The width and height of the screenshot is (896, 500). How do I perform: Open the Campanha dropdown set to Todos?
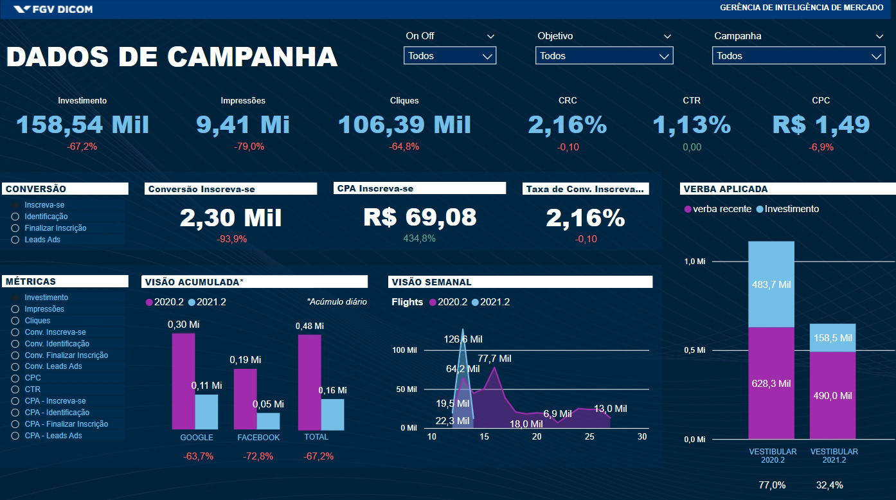(x=798, y=56)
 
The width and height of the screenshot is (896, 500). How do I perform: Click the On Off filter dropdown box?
(x=449, y=56)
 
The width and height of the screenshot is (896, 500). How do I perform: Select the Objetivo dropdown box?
(x=604, y=56)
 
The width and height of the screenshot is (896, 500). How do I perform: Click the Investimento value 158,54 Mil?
(x=82, y=125)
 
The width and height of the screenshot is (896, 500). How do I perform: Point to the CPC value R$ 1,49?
(x=821, y=125)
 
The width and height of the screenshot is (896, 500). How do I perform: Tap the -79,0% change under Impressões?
(x=249, y=147)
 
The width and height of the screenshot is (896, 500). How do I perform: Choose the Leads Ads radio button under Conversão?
(x=15, y=240)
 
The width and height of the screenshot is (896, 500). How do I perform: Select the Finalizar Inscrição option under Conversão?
(x=15, y=228)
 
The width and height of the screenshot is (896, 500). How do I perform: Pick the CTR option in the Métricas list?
(x=15, y=389)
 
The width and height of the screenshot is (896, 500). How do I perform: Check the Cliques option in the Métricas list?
(x=15, y=321)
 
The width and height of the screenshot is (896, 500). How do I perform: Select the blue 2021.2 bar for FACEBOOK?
(x=268, y=421)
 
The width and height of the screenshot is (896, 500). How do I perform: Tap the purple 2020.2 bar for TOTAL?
(x=309, y=382)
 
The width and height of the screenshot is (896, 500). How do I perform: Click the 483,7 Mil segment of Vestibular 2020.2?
(x=771, y=284)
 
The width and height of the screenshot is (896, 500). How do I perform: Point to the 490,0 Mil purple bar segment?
(x=832, y=396)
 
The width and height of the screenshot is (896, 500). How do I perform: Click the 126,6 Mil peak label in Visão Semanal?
(x=463, y=339)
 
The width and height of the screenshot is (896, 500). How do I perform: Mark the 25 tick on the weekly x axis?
(x=589, y=437)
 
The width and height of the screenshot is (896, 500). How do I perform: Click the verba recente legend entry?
(x=718, y=209)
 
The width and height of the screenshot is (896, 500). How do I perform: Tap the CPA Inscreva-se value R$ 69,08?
(x=420, y=217)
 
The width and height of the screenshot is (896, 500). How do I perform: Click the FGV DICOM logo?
(x=53, y=9)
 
